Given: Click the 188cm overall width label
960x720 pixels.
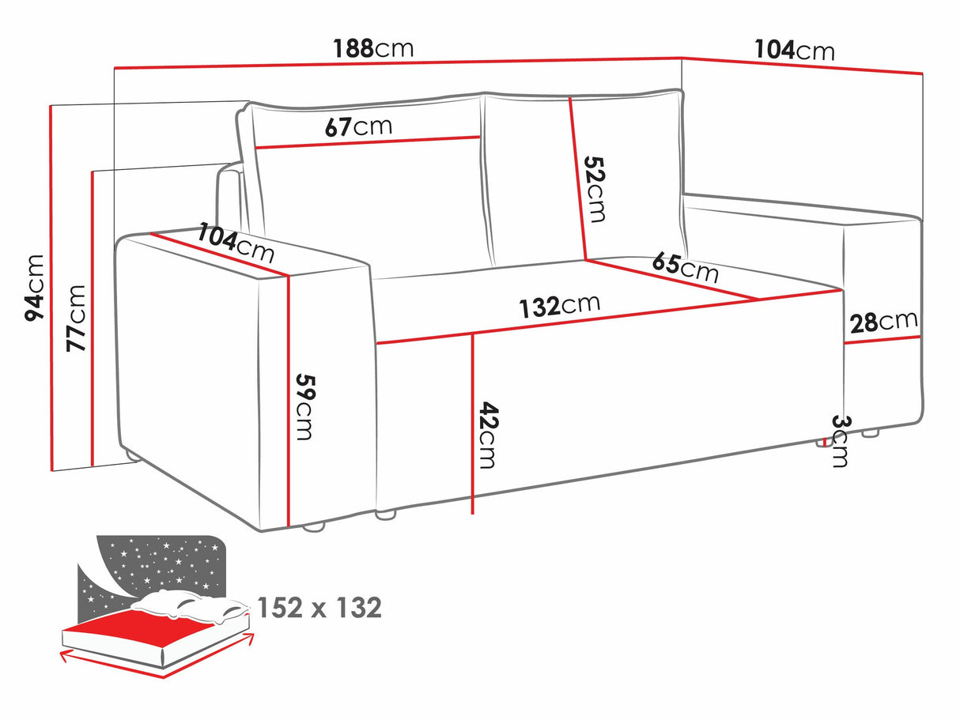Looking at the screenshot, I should click(x=374, y=48).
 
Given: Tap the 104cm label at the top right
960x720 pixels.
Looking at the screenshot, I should click(x=793, y=51).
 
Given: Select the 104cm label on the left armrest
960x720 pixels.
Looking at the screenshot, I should click(x=236, y=242).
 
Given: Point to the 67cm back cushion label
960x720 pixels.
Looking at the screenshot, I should click(x=358, y=126).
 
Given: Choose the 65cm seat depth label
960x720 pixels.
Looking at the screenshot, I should click(x=686, y=267).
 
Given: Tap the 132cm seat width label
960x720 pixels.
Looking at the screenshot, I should click(x=559, y=305).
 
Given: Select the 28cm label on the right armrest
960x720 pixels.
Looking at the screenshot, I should click(x=883, y=322).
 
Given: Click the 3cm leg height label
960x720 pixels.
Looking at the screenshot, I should click(x=838, y=441).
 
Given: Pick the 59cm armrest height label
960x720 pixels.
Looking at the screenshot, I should click(x=305, y=406).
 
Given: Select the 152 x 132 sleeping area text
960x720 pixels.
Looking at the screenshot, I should click(x=319, y=607).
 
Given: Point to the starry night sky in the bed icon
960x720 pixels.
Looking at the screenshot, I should click(x=158, y=565).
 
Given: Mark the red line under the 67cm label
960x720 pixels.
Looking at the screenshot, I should click(x=368, y=142).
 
